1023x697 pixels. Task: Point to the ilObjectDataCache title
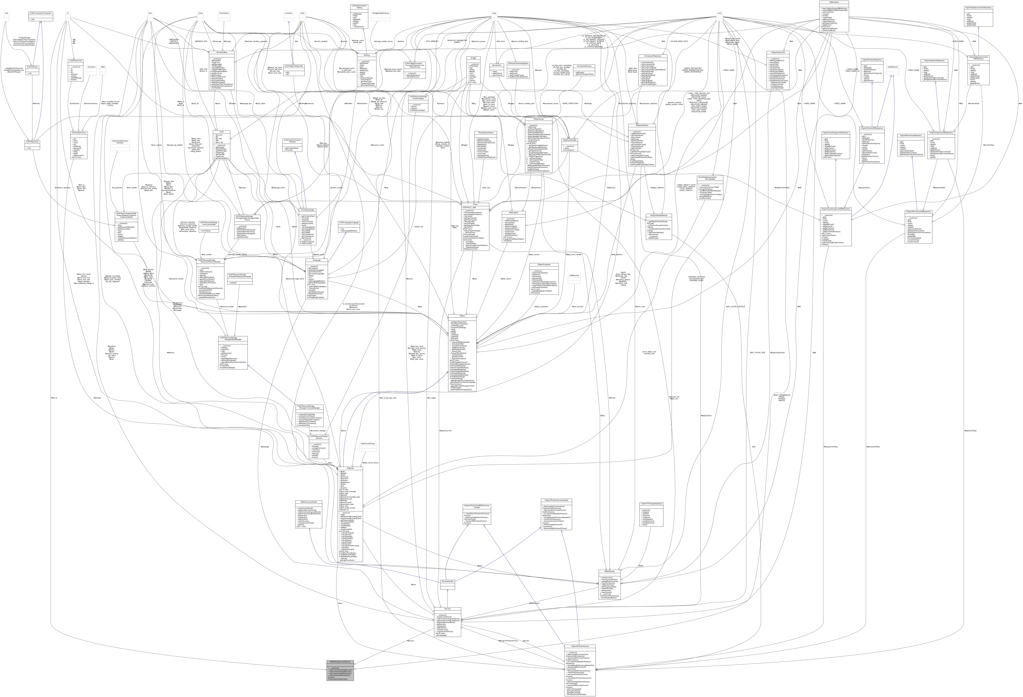[x=778, y=52]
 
